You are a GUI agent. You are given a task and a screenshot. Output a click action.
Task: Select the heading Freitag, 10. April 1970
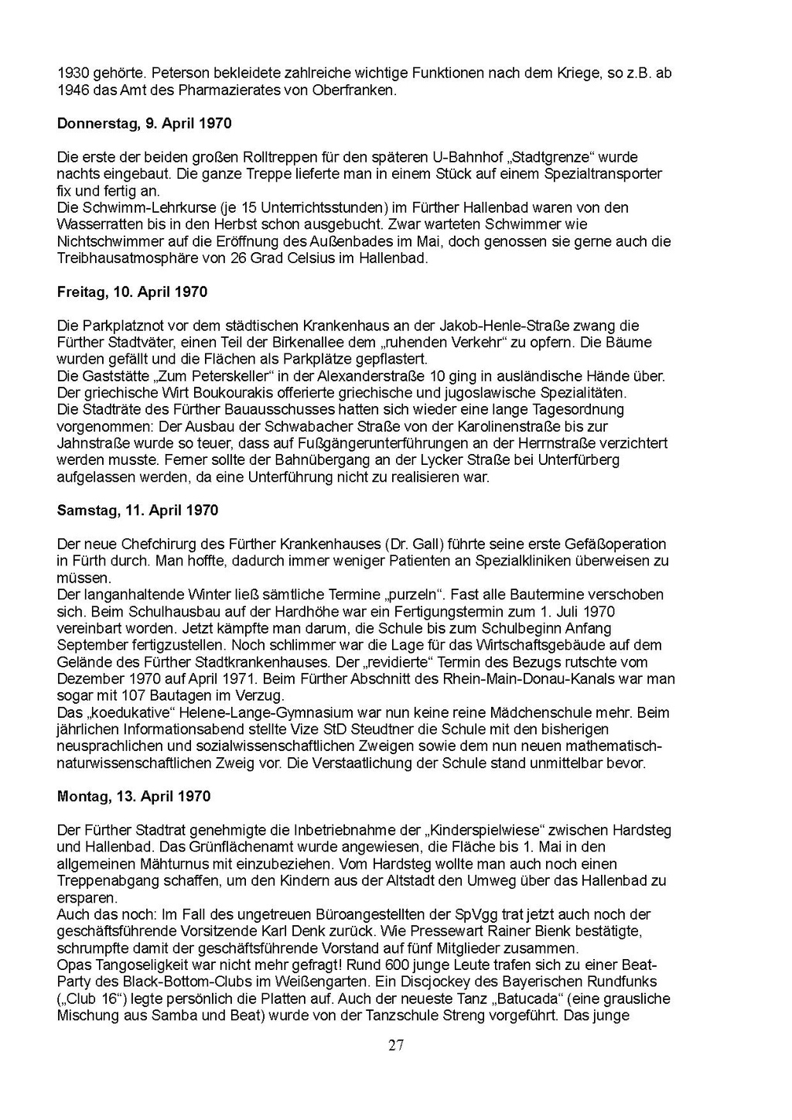[132, 292]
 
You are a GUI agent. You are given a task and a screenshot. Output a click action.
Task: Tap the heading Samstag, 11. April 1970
[138, 510]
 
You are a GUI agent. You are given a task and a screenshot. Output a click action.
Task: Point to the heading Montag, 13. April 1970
[134, 796]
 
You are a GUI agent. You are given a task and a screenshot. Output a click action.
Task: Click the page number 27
[396, 1046]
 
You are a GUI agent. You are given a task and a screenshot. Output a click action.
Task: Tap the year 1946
[73, 90]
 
